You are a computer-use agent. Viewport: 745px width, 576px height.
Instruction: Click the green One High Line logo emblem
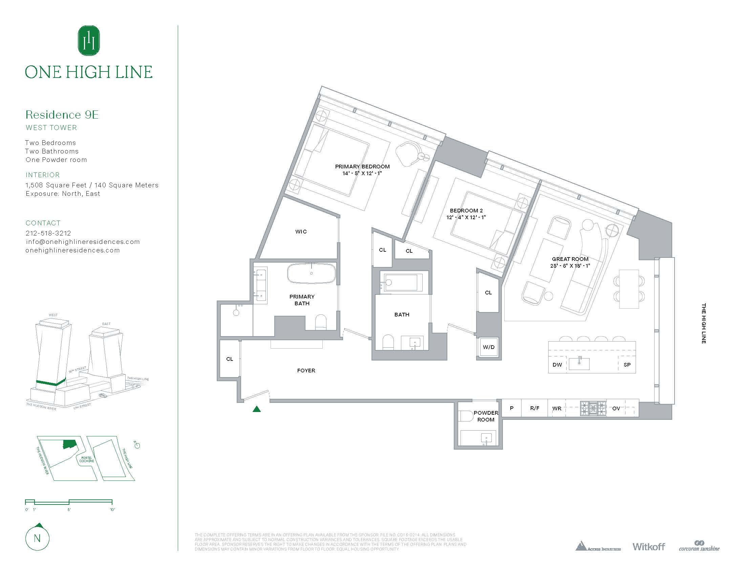click(89, 41)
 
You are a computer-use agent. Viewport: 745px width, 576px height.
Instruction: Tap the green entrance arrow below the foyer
click(257, 409)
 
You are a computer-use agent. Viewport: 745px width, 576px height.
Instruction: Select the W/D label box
click(488, 347)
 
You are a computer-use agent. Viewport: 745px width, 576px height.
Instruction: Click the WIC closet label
click(301, 232)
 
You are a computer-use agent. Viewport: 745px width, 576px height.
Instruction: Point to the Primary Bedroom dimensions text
click(362, 173)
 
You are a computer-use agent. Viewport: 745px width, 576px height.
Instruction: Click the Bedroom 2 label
click(466, 210)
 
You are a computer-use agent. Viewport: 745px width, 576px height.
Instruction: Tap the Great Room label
click(570, 259)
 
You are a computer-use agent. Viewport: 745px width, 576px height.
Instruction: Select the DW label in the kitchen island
click(557, 365)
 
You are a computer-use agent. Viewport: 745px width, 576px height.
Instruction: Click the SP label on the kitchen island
click(627, 365)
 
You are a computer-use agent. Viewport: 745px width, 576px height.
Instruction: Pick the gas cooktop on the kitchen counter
click(593, 408)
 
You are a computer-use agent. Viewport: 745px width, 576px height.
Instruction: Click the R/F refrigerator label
click(534, 408)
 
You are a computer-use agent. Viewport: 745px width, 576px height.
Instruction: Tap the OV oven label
click(616, 408)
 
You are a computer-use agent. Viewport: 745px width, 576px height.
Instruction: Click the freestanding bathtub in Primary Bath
click(311, 273)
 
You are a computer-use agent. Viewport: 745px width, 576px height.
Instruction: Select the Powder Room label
click(486, 416)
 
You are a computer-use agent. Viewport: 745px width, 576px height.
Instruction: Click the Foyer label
click(306, 370)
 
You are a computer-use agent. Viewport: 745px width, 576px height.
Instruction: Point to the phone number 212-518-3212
click(48, 233)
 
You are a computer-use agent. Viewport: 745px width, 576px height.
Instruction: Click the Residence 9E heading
click(62, 115)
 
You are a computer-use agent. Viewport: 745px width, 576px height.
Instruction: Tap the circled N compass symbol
click(38, 538)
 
